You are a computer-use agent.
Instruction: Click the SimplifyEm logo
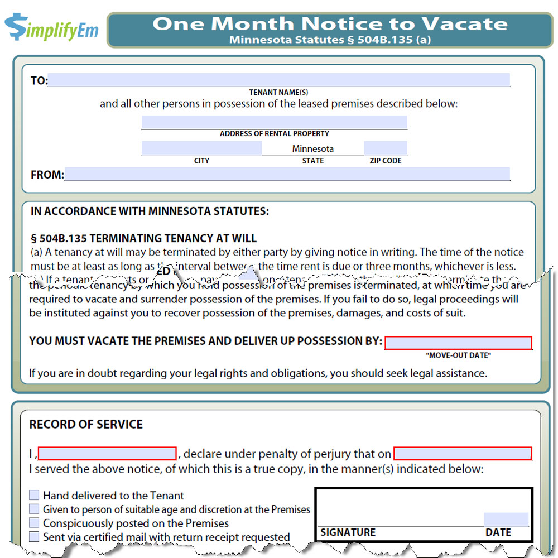pos(51,27)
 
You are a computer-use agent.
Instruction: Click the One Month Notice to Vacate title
pos(330,24)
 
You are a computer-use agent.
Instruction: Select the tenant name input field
pos(279,80)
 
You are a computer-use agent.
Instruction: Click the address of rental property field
pos(274,122)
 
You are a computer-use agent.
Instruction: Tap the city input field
pos(201,148)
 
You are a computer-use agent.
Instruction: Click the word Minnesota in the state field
pos(312,148)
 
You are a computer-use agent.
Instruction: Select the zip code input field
pos(385,148)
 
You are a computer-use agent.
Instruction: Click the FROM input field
pos(287,174)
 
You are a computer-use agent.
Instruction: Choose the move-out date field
pos(458,342)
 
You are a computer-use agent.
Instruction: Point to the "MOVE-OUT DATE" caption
pos(458,355)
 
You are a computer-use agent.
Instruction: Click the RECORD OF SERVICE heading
pos(86,424)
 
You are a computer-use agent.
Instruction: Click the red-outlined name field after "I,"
pos(107,453)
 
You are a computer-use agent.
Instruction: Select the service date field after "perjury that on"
pos(463,453)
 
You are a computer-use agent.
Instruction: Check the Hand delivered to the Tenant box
pos(35,495)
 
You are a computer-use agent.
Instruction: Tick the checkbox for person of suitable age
pos(35,509)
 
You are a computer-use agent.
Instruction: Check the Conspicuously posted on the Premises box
pos(35,523)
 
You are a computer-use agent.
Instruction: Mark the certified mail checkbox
pos(35,537)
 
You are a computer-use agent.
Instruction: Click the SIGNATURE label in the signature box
pos(348,532)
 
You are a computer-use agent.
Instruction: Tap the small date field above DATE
pos(506,519)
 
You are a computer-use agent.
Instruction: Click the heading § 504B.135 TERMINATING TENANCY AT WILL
pos(143,238)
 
